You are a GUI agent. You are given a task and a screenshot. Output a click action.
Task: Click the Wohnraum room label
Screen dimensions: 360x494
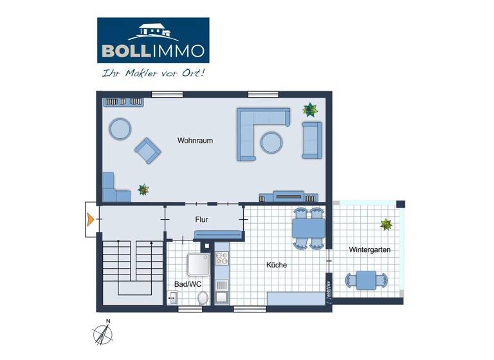(x=196, y=140)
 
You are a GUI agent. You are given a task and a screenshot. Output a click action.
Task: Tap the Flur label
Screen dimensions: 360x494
(x=202, y=219)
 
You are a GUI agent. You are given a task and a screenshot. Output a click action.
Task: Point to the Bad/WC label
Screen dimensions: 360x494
(x=185, y=283)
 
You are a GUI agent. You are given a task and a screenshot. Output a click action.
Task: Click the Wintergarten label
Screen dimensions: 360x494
(x=369, y=249)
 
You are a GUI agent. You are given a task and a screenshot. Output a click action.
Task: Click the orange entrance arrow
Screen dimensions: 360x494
(x=90, y=219)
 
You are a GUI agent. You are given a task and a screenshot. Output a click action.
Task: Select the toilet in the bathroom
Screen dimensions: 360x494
(x=203, y=297)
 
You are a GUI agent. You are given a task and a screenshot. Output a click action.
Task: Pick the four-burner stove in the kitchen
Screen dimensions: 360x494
(x=222, y=258)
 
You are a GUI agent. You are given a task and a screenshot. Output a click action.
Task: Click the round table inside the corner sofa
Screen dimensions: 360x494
(x=271, y=141)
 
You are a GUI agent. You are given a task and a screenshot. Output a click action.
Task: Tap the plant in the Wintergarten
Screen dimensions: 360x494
(x=386, y=224)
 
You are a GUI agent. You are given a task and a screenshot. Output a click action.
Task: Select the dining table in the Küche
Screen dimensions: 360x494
(x=308, y=228)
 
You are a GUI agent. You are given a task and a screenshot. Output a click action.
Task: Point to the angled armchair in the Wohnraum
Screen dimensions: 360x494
(x=147, y=151)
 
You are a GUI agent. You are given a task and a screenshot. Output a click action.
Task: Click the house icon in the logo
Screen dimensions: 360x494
(x=153, y=32)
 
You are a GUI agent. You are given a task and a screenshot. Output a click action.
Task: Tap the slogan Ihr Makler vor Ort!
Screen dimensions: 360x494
(x=153, y=73)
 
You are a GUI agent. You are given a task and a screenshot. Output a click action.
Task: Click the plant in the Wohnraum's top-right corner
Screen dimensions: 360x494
(x=311, y=109)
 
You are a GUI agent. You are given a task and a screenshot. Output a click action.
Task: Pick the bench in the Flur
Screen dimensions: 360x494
(x=218, y=235)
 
